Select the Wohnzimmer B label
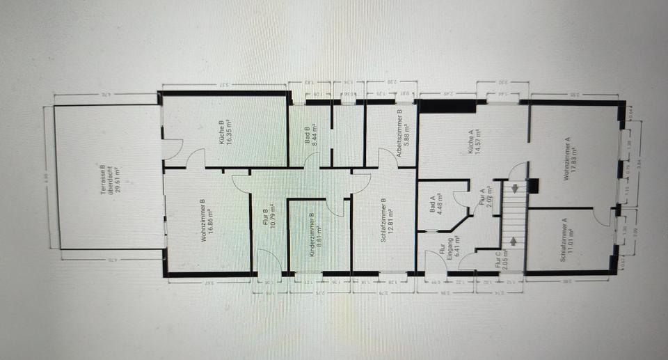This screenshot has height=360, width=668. tap(202, 221)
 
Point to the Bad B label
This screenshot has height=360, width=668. tap(307, 133)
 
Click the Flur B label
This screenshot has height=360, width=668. tap(265, 219)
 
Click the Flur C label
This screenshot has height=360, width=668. tap(498, 259)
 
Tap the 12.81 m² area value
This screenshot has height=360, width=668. tap(392, 222)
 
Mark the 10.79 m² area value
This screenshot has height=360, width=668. tap(273, 219)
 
